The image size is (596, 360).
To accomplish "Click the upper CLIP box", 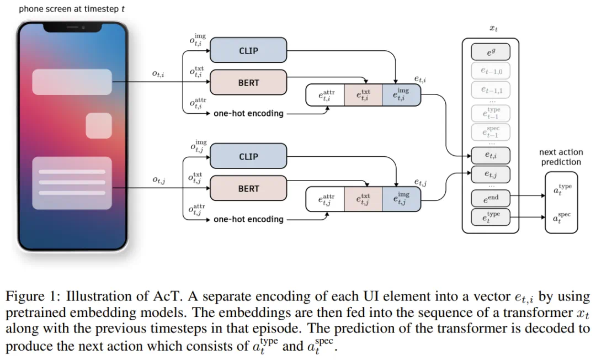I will pyautogui.click(x=248, y=51).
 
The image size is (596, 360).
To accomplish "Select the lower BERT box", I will pyautogui.click(x=248, y=189).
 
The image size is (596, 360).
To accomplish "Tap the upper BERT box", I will pyautogui.click(x=248, y=83).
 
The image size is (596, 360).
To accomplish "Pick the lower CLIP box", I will pyautogui.click(x=248, y=157).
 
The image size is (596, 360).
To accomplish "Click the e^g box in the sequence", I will pyautogui.click(x=490, y=52).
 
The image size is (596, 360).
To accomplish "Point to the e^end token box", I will pyautogui.click(x=490, y=198).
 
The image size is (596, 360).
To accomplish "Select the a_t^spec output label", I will pyautogui.click(x=562, y=218).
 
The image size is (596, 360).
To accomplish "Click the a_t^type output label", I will pyautogui.click(x=562, y=190).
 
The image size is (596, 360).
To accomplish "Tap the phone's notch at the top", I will pyautogui.click(x=72, y=26).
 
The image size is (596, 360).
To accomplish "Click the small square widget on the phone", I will pyautogui.click(x=99, y=125).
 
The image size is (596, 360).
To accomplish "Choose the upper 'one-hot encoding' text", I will pyautogui.click(x=248, y=114).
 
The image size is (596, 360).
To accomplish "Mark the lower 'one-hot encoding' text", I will pyautogui.click(x=248, y=219).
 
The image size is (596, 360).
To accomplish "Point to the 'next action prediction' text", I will pyautogui.click(x=561, y=157).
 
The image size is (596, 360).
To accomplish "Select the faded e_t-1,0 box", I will pyautogui.click(x=490, y=71).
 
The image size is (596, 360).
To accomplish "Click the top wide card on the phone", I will pyautogui.click(x=72, y=82).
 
